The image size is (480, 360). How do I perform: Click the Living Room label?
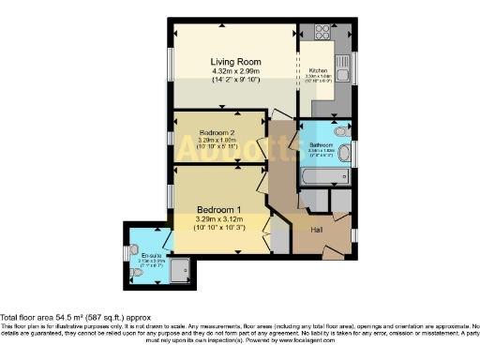click(233, 62)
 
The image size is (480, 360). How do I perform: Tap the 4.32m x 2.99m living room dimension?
click(233, 72)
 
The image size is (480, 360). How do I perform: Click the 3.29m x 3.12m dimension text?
click(217, 219)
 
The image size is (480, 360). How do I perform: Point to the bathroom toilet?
click(344, 153)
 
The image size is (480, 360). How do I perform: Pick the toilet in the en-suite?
click(130, 274)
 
